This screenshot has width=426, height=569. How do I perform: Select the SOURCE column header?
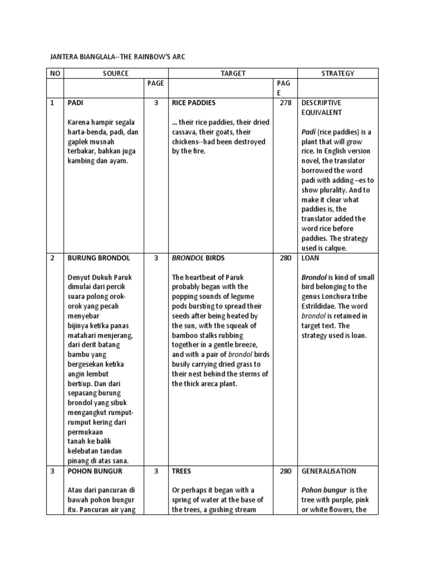[115, 73]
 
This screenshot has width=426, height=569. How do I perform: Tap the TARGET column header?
[233, 73]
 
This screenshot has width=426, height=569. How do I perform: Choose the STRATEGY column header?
[338, 73]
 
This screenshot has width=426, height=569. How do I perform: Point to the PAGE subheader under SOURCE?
[156, 83]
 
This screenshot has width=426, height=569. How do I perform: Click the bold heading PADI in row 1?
[75, 103]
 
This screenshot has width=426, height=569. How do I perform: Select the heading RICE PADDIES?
[194, 103]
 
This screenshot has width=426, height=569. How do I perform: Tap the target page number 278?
[285, 103]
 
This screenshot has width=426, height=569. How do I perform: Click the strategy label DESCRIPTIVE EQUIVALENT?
[322, 107]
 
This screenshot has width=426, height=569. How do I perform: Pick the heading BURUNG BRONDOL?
[99, 258]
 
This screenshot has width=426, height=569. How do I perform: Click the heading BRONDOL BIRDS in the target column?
[198, 258]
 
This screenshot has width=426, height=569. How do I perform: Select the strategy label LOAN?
[311, 258]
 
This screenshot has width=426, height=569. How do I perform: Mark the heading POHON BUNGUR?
[95, 471]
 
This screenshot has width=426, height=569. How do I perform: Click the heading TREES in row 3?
[181, 471]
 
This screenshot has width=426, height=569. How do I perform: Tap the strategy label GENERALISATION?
[329, 471]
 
